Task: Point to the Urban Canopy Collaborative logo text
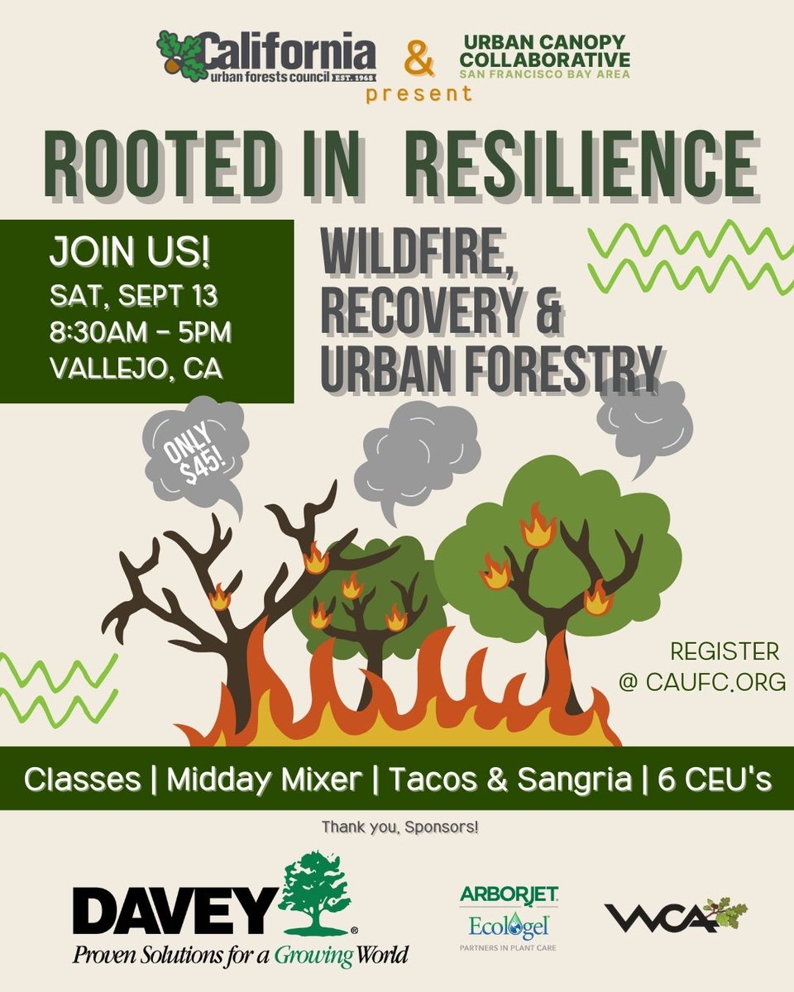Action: pos(544,55)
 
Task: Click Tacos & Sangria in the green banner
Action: pos(511,780)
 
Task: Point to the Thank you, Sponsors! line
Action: pos(400,826)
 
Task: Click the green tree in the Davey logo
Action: pos(315,894)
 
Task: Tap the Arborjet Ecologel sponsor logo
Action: pos(509,915)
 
